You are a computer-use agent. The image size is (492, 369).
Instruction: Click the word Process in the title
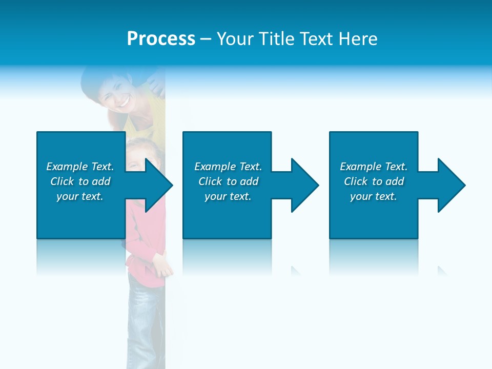click(161, 39)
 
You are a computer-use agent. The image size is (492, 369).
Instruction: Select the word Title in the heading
click(277, 39)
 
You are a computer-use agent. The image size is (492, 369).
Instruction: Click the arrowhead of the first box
click(157, 185)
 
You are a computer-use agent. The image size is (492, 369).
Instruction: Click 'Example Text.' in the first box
click(80, 167)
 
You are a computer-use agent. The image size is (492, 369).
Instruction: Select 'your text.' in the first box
click(80, 196)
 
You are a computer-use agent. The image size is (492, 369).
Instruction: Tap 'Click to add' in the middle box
click(228, 181)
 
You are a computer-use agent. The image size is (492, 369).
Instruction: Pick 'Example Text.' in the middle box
click(228, 167)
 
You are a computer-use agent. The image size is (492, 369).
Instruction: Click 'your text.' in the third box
click(374, 196)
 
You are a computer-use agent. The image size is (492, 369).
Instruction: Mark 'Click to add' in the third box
click(374, 181)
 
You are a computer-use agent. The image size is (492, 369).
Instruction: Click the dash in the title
click(206, 39)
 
